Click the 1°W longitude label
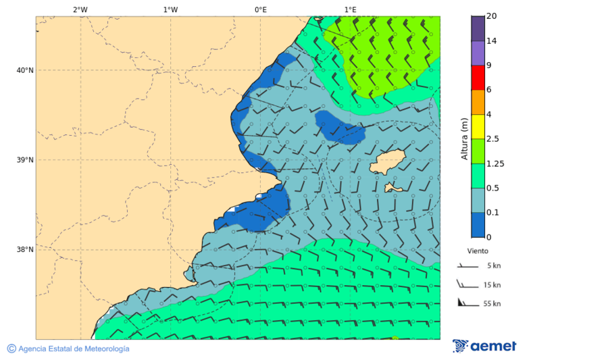click(170, 9)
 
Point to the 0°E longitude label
click(260, 9)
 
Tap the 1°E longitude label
click(350, 9)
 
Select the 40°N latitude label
click(25, 70)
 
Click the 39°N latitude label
click(25, 160)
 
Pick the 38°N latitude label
click(25, 250)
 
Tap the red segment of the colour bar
click(478, 77)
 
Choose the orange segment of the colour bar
click(478, 102)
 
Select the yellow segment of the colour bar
click(478, 126)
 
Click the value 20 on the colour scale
click(492, 16)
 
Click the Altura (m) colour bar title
click(464, 138)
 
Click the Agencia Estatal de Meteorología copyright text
click(68, 349)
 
